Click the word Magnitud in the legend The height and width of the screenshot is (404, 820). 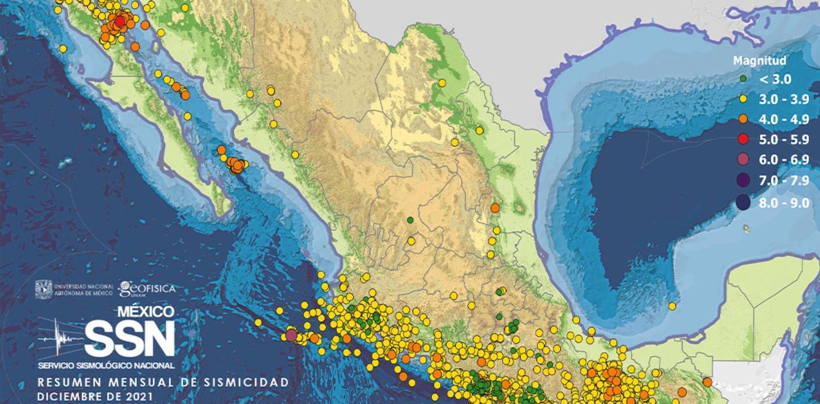click(753, 61)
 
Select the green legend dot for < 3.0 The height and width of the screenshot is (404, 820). click(744, 78)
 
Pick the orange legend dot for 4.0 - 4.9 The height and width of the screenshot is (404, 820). click(743, 119)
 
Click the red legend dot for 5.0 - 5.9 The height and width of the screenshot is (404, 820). click(743, 140)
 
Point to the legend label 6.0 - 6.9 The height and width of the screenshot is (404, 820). click(783, 160)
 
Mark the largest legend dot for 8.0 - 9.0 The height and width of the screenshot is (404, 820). click(744, 203)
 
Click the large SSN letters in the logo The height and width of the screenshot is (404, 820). click(129, 337)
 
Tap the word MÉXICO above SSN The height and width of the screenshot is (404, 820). click(146, 312)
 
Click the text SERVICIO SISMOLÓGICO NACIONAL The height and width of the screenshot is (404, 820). click(107, 366)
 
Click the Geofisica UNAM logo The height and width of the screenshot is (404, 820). click(147, 288)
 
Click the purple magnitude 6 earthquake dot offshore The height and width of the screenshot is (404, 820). click(291, 335)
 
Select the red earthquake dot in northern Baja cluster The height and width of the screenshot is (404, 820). click(120, 21)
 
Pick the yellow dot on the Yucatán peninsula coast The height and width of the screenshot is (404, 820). click(672, 306)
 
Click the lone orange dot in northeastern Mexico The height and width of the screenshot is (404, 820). click(495, 208)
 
